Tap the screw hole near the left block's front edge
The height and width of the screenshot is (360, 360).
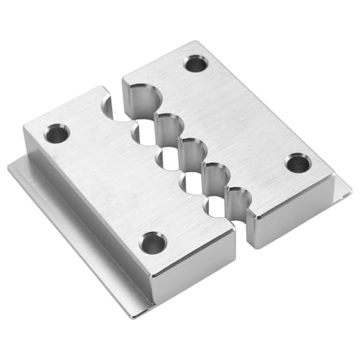tap(153, 243)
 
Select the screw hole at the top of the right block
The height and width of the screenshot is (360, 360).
tap(195, 63)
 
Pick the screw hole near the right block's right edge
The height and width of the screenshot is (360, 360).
tap(297, 163)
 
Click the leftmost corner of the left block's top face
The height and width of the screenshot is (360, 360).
tap(24, 128)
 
